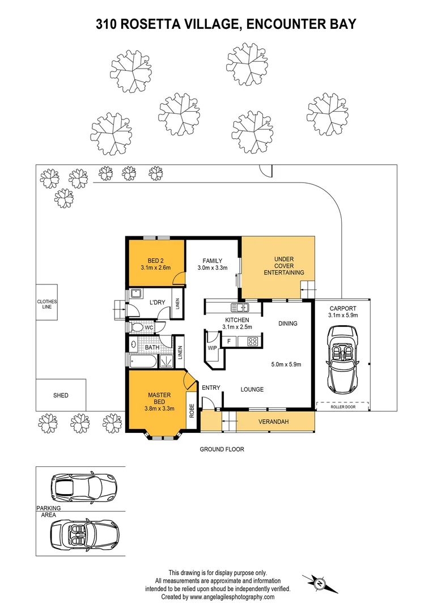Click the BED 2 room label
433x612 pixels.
pos(155,261)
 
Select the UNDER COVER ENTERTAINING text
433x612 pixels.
pos(283,266)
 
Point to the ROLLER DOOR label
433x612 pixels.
pos(342,406)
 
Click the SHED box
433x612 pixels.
pos(61,395)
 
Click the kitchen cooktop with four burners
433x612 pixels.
pos(252,341)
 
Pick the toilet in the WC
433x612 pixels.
pos(137,328)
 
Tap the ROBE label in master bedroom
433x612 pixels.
pos(192,410)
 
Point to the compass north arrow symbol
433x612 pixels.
pos(319,582)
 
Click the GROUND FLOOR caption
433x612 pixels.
pos(222,449)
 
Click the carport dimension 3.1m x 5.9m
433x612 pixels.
pos(342,316)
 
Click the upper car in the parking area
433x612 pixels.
pos(83,486)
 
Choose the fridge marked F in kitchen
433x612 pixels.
pos(228,341)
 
